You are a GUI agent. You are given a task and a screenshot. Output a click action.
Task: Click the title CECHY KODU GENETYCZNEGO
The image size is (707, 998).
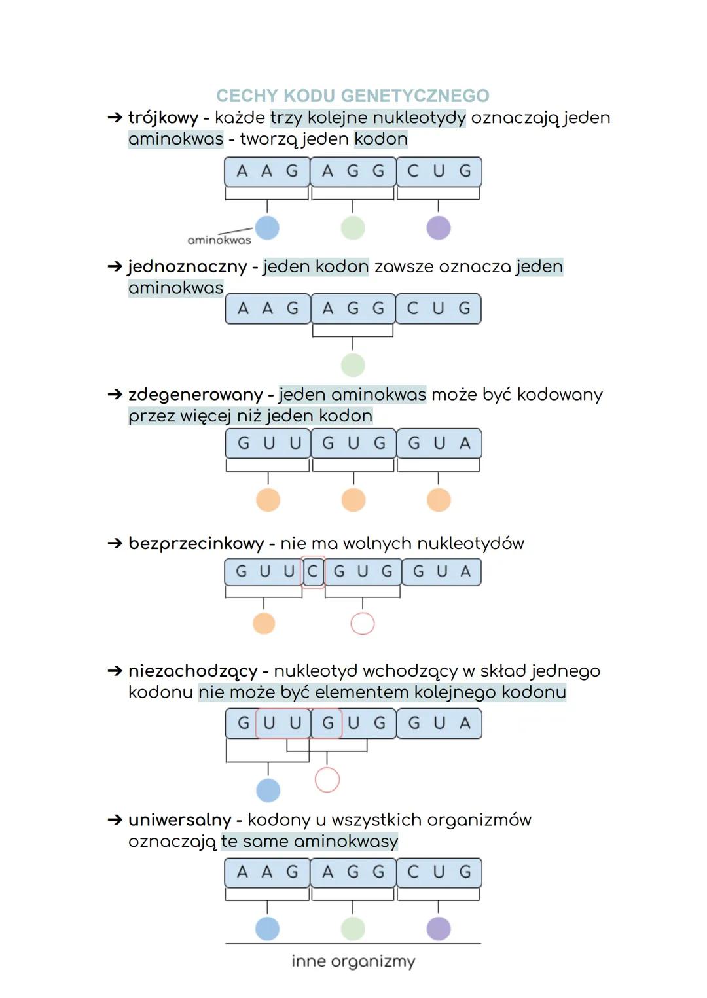coord(353,96)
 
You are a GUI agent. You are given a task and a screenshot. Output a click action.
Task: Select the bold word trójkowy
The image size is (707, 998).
coord(163,118)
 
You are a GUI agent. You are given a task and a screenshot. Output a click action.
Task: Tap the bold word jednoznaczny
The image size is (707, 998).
coord(187,267)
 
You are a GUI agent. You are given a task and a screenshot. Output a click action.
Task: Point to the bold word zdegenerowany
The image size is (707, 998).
coord(195,395)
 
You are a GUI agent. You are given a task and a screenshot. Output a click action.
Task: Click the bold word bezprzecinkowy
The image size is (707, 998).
coord(196,544)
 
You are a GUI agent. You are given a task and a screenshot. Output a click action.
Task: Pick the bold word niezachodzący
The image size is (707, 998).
coord(192,671)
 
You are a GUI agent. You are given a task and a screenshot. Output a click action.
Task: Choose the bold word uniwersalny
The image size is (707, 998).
coord(179,820)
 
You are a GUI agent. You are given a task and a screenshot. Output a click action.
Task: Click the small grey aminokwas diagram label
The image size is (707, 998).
coord(219,240)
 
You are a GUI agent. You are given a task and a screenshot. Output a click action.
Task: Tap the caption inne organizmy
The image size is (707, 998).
coord(353,961)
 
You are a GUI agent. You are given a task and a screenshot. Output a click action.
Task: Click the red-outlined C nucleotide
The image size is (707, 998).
coord(312,572)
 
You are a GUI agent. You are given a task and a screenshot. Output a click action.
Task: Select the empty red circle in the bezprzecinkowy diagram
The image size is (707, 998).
coord(363,624)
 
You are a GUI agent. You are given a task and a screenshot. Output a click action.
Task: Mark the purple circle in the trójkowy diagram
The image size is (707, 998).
coord(439,228)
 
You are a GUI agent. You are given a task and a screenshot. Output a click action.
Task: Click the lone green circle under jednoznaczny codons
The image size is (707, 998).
coord(353,365)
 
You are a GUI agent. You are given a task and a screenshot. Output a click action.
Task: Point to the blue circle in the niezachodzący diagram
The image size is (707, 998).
coord(268,790)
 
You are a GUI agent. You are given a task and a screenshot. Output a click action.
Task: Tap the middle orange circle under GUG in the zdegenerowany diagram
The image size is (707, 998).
coord(353,500)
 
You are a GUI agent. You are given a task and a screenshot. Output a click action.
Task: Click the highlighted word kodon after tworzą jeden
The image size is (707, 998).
coord(381,139)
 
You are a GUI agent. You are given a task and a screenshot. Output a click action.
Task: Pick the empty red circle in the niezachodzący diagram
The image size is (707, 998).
coord(327,779)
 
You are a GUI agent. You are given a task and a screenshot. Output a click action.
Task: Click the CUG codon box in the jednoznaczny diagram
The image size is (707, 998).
coord(439,309)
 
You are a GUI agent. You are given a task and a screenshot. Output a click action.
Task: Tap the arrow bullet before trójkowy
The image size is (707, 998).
coord(115,118)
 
